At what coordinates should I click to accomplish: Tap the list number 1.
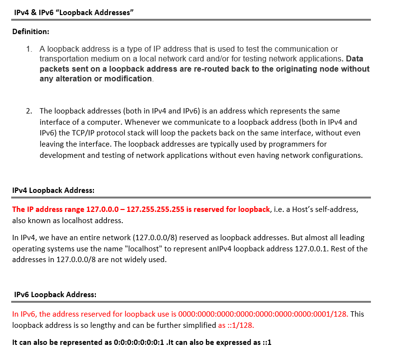pyautogui.click(x=30, y=49)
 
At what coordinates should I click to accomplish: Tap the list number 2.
pyautogui.click(x=30, y=111)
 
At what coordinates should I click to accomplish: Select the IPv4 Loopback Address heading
pyautogui.click(x=53, y=190)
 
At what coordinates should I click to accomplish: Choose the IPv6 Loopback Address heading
pyautogui.click(x=55, y=294)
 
